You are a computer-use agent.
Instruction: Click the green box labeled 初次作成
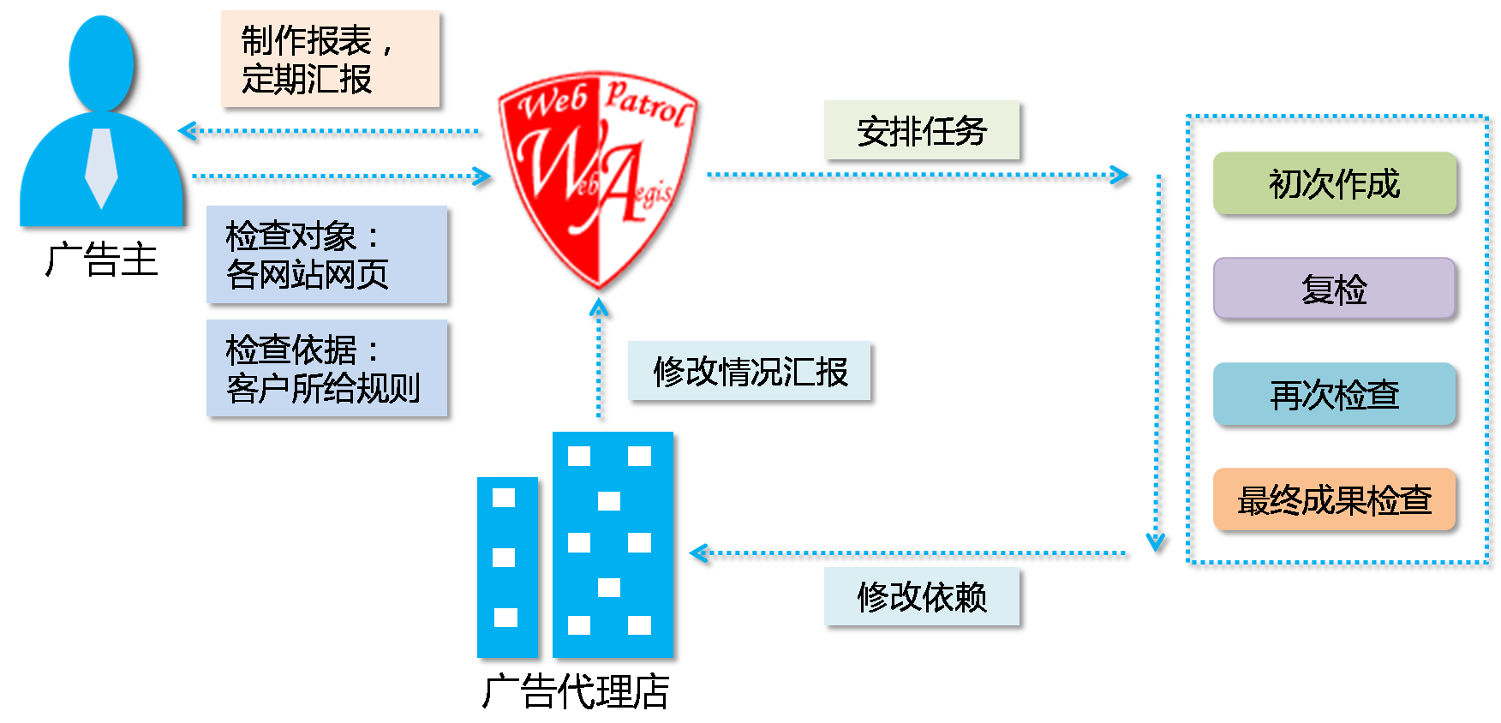pos(1334,183)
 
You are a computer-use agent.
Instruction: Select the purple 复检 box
pos(1334,289)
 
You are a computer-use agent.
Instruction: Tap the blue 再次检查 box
pos(1334,394)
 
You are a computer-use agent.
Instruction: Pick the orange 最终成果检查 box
pos(1334,499)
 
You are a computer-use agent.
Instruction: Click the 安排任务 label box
pos(922,131)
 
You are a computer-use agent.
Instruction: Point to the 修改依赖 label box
pos(922,596)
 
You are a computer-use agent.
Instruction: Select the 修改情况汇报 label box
pos(750,372)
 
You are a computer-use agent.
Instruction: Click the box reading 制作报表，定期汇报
pos(331,59)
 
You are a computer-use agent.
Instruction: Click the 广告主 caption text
pos(102,260)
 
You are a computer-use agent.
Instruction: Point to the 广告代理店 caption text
pos(576,691)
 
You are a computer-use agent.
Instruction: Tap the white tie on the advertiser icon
pos(101,167)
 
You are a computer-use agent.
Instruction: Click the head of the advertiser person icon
pos(101,62)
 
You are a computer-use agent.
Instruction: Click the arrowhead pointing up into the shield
pos(601,308)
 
